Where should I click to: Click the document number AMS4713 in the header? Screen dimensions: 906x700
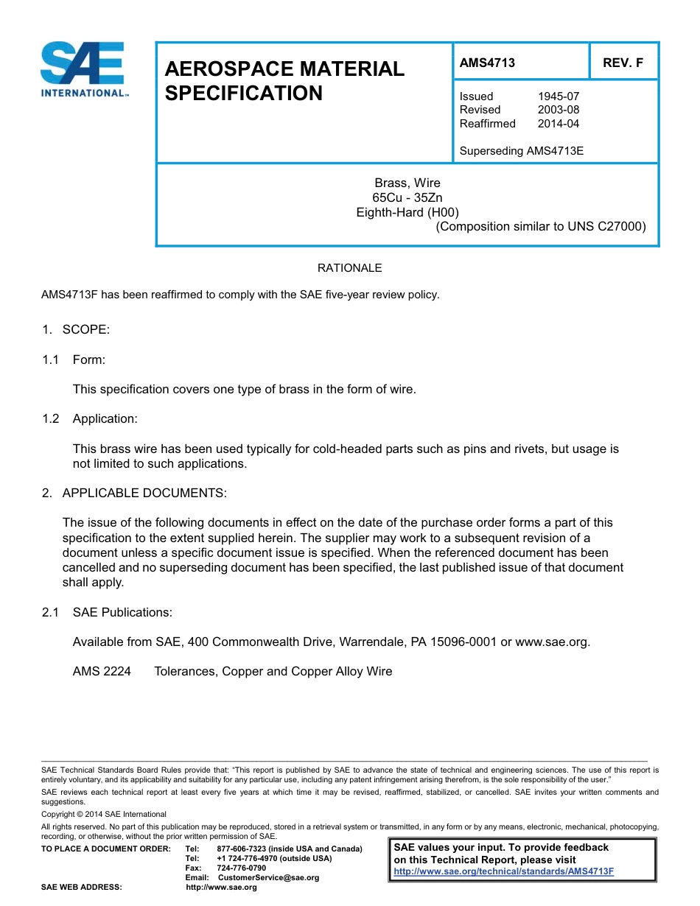point(487,63)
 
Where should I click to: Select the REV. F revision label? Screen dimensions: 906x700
point(623,63)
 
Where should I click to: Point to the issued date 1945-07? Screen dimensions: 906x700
point(559,96)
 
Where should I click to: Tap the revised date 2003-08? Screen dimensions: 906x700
point(559,110)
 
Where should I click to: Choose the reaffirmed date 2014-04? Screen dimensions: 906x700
point(559,123)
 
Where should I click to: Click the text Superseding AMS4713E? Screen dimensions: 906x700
point(521,151)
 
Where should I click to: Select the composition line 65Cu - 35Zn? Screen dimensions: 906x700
point(407,197)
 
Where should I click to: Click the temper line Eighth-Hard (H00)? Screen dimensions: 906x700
point(407,212)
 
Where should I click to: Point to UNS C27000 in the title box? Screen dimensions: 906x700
point(606,227)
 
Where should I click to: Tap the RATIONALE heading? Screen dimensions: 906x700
point(349,268)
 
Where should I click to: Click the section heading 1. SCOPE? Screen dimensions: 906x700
point(76,329)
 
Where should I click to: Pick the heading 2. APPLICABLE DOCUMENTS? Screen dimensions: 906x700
point(134,492)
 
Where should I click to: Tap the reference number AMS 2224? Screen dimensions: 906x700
point(102,671)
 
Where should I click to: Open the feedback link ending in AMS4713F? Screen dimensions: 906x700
point(503,871)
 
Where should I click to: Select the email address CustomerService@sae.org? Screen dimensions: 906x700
point(268,877)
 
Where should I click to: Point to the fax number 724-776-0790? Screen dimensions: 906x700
point(241,868)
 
